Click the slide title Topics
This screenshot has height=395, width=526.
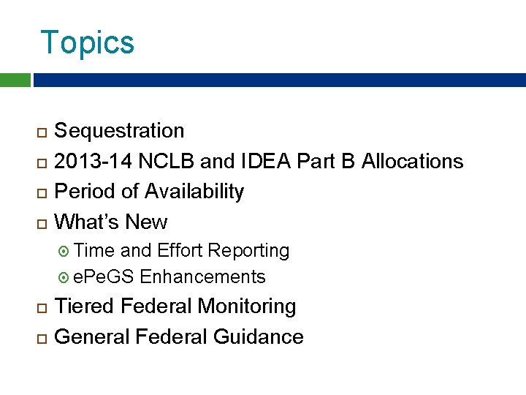[88, 42]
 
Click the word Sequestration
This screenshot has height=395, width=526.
[120, 131]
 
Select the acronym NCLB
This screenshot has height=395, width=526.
[158, 161]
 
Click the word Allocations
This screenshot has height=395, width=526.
[413, 161]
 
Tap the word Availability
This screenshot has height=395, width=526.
[194, 192]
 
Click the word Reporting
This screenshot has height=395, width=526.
[248, 251]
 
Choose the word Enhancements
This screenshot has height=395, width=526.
[203, 277]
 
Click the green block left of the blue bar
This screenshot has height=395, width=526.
[15, 80]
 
